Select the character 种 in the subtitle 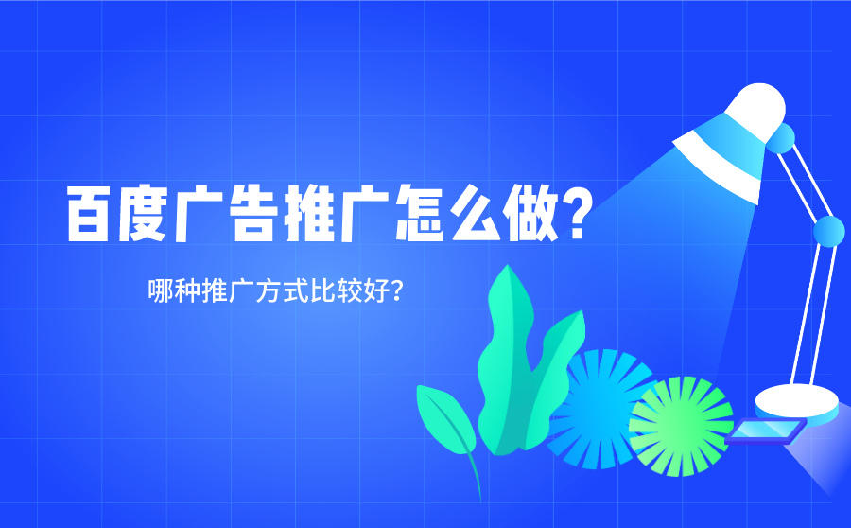click(184, 289)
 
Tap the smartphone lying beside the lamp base click(766, 431)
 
